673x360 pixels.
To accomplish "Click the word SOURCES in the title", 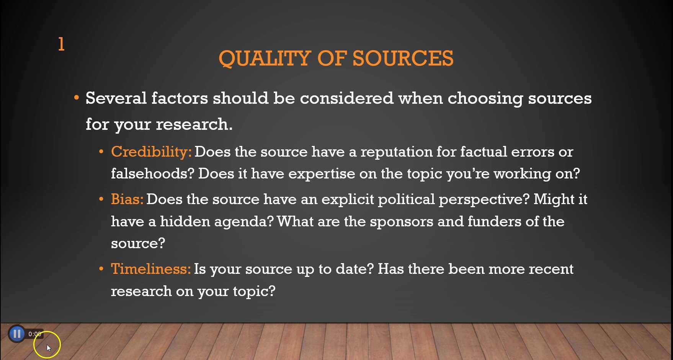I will coord(403,59).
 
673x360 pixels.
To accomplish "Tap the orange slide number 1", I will coord(61,44).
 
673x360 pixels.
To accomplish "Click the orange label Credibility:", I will coord(151,152).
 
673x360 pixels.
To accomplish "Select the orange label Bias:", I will coord(127,200).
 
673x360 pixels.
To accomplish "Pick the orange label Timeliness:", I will coord(150,269).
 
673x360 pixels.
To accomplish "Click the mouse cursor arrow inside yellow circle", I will coord(49,348).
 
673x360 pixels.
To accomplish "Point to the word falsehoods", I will coord(152,174).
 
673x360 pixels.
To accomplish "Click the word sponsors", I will coord(401,222).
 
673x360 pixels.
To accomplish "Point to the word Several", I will coord(116,98).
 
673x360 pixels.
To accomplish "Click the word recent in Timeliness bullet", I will coord(550,269).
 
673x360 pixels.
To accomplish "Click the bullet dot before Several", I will coord(77,98).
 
